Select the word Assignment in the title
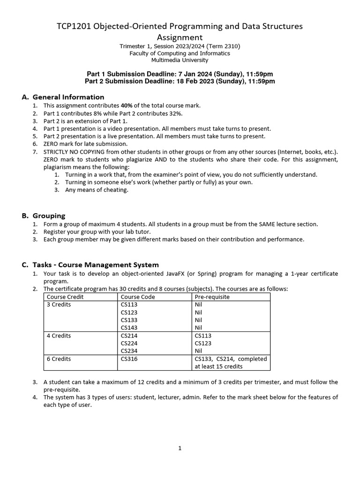pos(180,37)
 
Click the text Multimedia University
pos(180,60)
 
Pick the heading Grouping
pos(49,216)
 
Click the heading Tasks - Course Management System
pos(96,265)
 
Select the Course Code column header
pos(138,297)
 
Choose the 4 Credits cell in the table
pos(59,336)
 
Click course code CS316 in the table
pos(129,359)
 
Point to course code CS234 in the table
pos(129,351)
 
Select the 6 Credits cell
pos(59,359)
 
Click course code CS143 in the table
pos(129,327)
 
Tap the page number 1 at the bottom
pos(180,448)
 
